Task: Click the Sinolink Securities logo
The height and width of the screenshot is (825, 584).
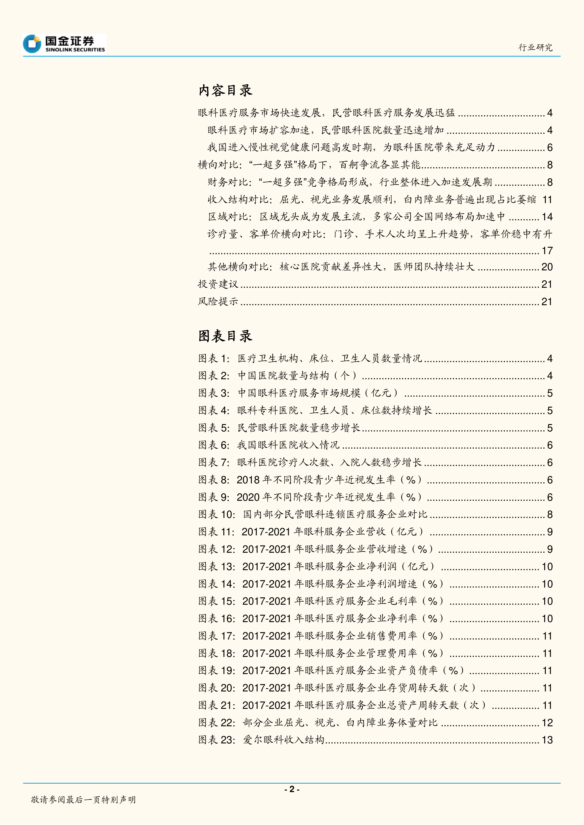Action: pyautogui.click(x=64, y=44)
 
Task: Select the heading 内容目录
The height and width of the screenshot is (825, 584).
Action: pyautogui.click(x=225, y=91)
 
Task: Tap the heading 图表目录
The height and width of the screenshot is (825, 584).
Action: pyautogui.click(x=225, y=336)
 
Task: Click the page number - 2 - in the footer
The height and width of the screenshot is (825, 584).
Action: pyautogui.click(x=292, y=789)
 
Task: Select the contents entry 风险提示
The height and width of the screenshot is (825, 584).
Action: pyautogui.click(x=218, y=301)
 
